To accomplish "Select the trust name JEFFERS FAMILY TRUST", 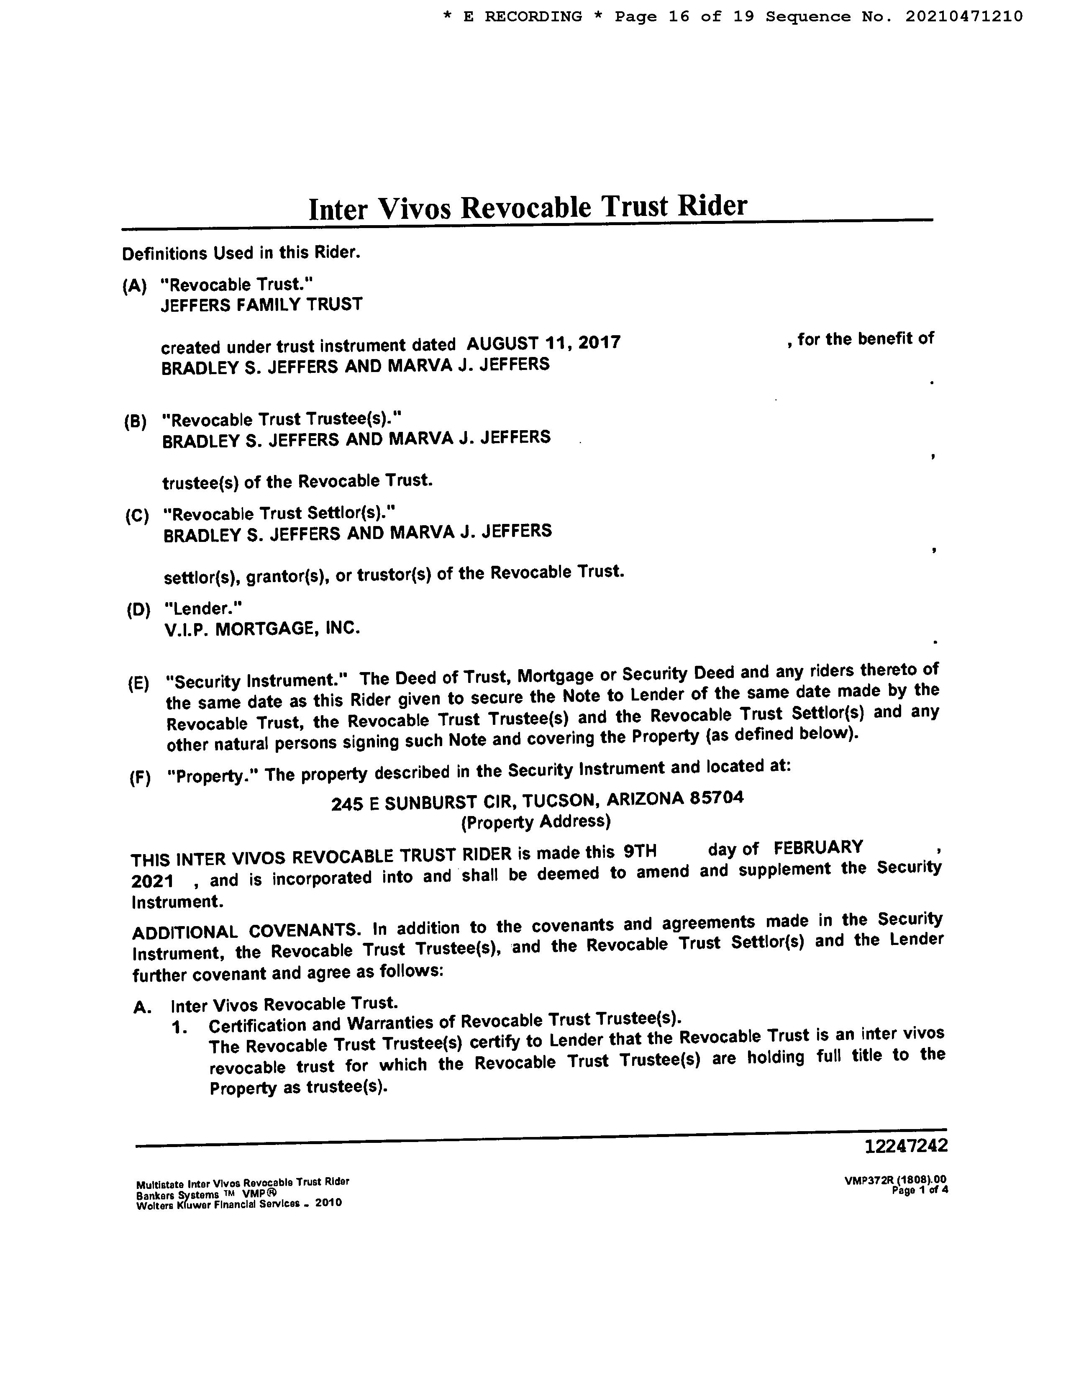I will click(261, 305).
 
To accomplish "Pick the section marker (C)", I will click(137, 515).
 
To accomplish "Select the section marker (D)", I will click(138, 611).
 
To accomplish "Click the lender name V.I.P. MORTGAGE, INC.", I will click(262, 629).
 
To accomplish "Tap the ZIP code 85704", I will click(716, 797).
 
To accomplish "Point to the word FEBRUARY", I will click(818, 848).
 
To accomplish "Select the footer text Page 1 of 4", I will click(920, 1191).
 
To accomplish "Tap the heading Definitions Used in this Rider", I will click(241, 253).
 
